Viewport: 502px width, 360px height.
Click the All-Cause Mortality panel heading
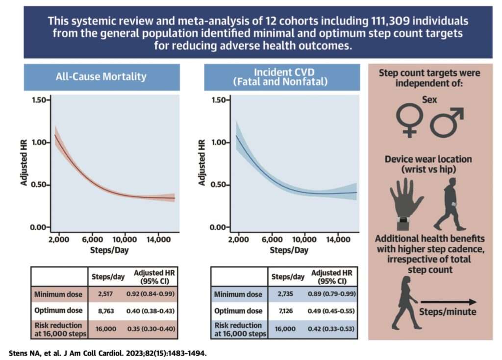[x=101, y=76]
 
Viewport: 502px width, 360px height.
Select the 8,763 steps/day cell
[x=106, y=311]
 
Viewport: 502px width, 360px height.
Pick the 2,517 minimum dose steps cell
[x=105, y=294]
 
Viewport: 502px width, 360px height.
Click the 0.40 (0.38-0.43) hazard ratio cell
[x=151, y=311]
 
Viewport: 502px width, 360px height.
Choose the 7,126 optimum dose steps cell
[x=286, y=311]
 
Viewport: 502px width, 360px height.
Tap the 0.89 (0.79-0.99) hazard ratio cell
[x=332, y=294]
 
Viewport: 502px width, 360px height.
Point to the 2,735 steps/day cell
[x=285, y=294]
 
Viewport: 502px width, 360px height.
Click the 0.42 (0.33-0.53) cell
[x=331, y=329]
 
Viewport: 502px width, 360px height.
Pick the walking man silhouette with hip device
[x=450, y=204]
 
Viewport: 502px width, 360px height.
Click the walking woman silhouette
[x=405, y=303]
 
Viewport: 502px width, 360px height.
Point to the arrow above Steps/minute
[x=449, y=302]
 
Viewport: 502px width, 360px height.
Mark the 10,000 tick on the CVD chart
[x=304, y=240]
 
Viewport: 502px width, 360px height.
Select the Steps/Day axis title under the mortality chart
[x=109, y=250]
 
